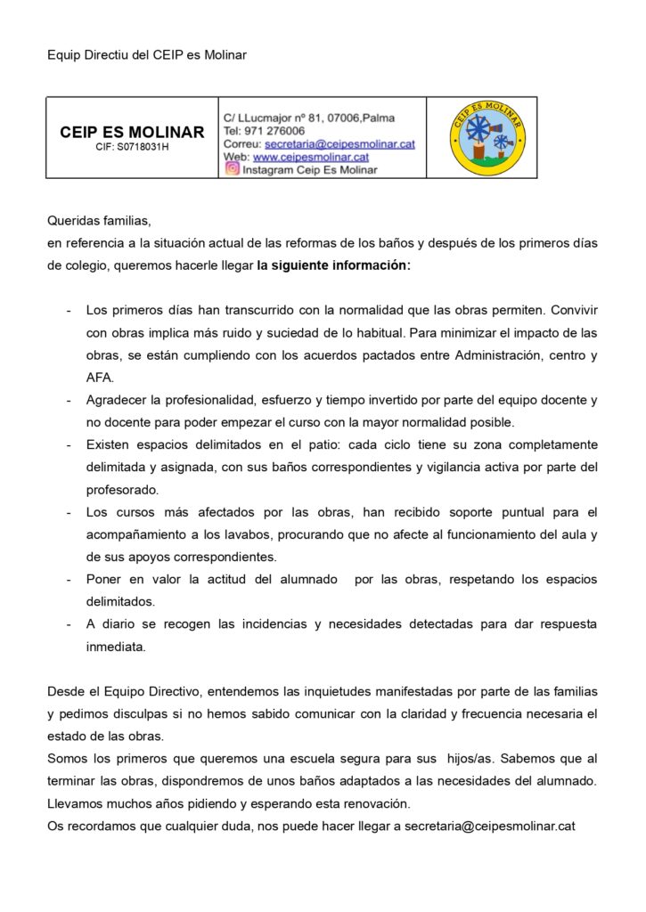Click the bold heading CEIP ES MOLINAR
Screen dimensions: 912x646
(x=132, y=132)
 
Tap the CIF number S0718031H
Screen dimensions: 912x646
(x=132, y=147)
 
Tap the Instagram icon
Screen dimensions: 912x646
(x=232, y=169)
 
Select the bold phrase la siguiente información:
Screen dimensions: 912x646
(x=333, y=265)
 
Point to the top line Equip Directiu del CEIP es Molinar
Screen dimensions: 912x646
(x=147, y=55)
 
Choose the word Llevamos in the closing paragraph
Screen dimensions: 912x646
(x=73, y=803)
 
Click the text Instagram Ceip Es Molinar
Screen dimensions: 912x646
(x=309, y=169)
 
